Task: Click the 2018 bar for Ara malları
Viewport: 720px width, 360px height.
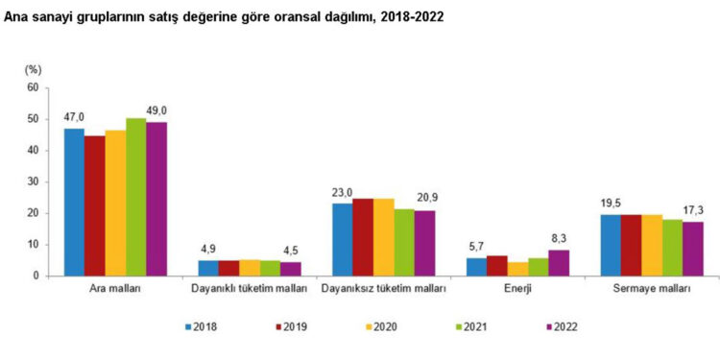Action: tap(74, 202)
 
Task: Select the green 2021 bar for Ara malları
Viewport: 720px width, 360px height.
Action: tap(135, 197)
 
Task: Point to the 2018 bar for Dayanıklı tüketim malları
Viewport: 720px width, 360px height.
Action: tap(208, 268)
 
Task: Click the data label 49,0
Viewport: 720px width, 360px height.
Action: tap(156, 110)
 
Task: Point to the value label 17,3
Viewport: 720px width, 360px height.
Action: tap(693, 210)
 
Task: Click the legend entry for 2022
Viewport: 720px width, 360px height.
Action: tap(557, 327)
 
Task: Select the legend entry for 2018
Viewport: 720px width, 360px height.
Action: tap(199, 327)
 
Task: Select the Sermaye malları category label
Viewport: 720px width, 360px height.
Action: tap(651, 288)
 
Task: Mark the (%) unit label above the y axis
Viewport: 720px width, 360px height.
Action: tap(32, 69)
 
